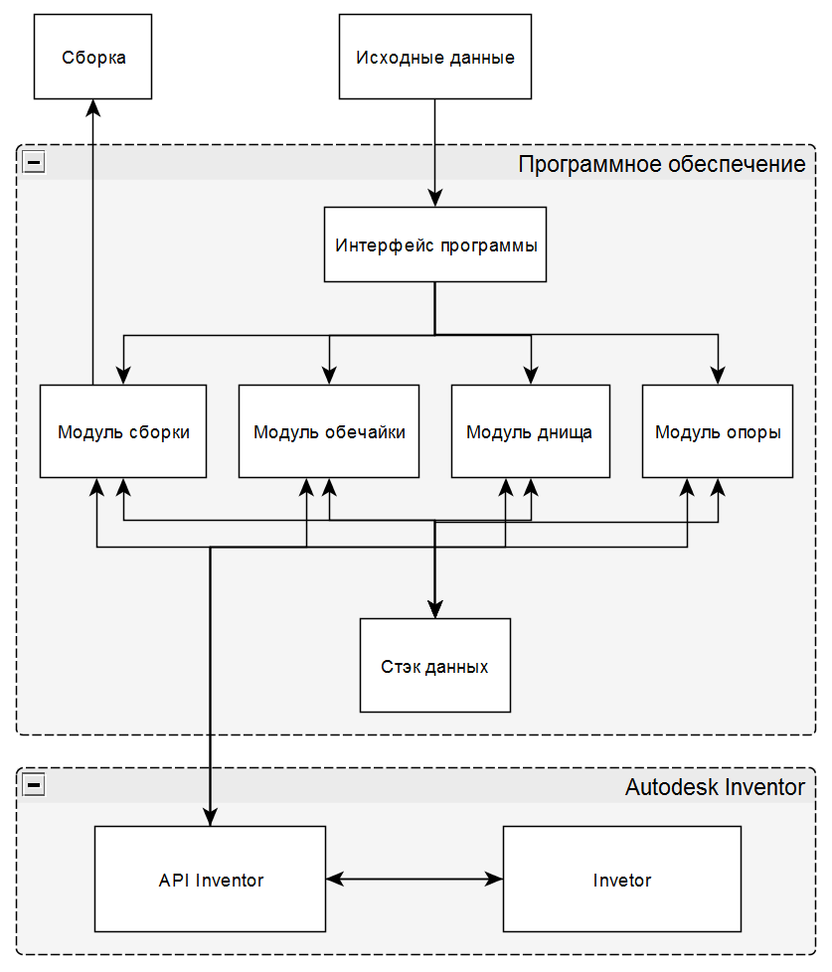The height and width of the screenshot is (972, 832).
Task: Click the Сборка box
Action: coord(93,57)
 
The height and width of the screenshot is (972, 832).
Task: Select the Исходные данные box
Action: coord(435,57)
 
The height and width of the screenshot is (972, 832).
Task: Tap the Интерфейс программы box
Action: coord(435,244)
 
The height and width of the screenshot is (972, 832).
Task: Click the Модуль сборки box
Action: coord(123,431)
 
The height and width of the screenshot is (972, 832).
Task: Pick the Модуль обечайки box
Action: coord(329,431)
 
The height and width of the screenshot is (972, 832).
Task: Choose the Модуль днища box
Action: coord(531,431)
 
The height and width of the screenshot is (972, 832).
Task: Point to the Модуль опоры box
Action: coord(718,431)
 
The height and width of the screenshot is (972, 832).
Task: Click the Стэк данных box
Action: coord(435,665)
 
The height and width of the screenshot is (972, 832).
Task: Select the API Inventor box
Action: coord(210,879)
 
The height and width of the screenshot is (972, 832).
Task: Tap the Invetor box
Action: coord(622,879)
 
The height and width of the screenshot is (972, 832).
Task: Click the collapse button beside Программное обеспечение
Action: coord(34,162)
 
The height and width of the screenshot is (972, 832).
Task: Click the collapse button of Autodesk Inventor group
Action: coord(34,785)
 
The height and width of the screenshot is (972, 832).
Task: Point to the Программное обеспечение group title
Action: coord(662,164)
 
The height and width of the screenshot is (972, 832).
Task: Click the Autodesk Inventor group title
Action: coord(715,787)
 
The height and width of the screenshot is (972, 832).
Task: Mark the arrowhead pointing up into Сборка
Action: coord(93,108)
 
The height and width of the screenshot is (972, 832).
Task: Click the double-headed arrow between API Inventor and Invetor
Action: coord(415,879)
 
